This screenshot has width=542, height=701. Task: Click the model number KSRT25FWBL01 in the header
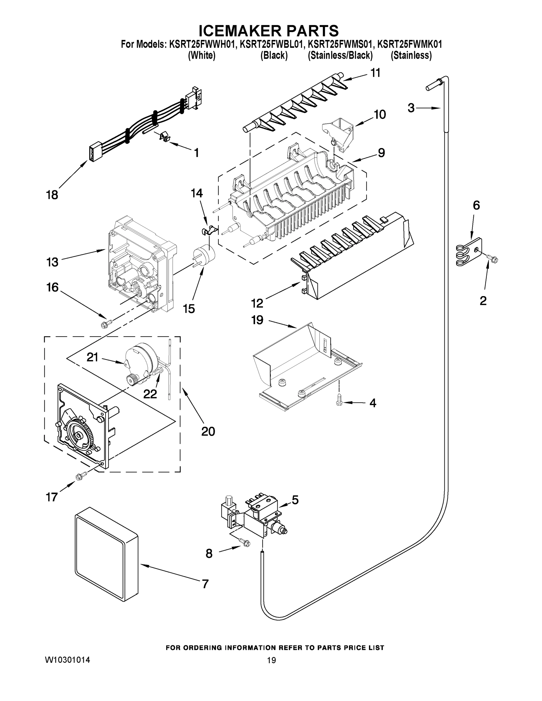[x=271, y=45]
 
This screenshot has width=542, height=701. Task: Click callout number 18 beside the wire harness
[x=52, y=195]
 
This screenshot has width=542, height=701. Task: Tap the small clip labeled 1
[x=164, y=137]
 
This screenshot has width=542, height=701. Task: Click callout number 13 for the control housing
[x=52, y=262]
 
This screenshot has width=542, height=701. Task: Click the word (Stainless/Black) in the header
[x=340, y=55]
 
